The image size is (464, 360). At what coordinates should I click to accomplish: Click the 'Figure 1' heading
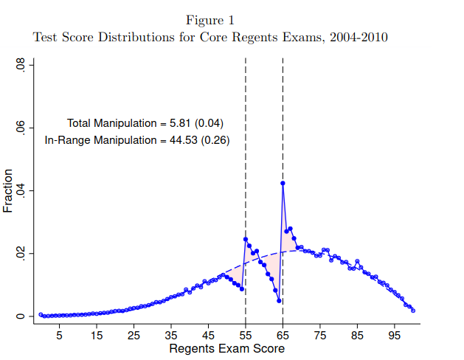point(210,21)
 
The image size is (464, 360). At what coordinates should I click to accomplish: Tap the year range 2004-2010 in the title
point(359,38)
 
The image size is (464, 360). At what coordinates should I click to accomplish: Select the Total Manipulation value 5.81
point(179,123)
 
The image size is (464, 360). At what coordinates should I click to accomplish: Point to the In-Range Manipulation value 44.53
point(183,140)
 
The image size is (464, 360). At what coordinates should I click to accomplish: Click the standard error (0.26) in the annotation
point(215,140)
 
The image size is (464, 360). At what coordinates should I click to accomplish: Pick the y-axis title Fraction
point(7,191)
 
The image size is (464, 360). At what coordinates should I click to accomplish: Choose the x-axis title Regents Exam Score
point(226,348)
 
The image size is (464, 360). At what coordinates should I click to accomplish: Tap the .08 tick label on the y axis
point(20,64)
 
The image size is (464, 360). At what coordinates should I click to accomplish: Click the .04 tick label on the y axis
point(20,191)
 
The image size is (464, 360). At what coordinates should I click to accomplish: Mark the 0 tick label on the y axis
point(20,316)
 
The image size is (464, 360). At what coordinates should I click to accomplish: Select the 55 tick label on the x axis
point(246,336)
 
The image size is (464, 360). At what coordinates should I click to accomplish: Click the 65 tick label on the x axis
point(283,336)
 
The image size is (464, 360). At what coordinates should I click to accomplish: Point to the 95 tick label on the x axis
point(394,336)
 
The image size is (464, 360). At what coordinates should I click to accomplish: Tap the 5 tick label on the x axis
point(60,336)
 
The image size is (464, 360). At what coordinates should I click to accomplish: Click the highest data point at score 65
point(283,184)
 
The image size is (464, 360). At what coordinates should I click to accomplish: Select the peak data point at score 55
point(246,239)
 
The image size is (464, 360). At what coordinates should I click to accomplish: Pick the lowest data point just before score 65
point(279,301)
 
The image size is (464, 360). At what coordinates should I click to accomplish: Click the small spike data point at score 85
point(357,261)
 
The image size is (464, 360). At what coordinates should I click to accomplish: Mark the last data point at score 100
point(413,311)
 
